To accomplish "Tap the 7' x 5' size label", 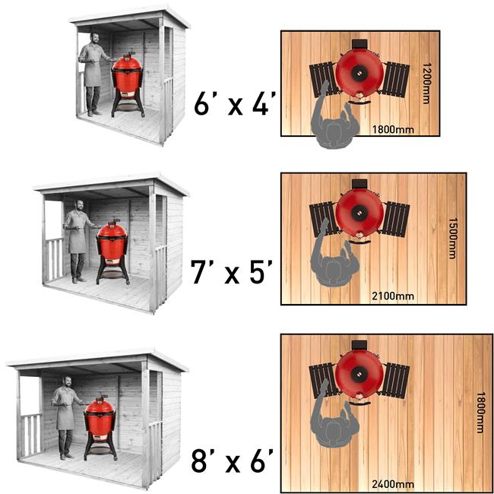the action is (232, 271).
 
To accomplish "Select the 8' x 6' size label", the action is (233, 461).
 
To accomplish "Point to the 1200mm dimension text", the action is (426, 83).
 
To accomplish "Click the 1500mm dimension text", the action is (452, 238).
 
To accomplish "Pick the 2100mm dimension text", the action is (393, 296).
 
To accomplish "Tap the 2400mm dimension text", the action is (393, 484).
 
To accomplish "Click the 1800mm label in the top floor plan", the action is (393, 129).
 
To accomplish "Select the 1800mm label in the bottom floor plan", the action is (480, 413).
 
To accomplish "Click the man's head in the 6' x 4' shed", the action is (94, 39).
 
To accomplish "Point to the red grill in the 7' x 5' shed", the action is (112, 251).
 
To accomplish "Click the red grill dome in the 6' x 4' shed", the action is (127, 62).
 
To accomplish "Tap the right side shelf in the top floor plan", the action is (395, 79).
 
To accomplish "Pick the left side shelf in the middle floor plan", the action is (324, 220).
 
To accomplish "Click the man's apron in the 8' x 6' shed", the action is (65, 415).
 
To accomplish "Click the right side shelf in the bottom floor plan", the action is (395, 381).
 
